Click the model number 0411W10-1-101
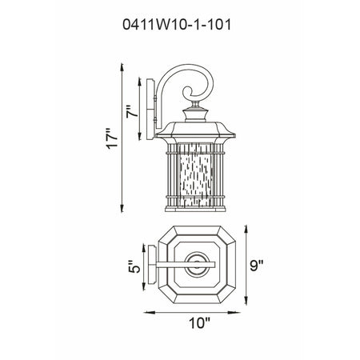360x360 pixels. point(177,25)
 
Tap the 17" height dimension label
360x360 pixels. point(112,138)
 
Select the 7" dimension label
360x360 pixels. point(133,111)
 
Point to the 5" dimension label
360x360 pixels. point(134,266)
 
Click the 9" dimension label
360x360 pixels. point(257,266)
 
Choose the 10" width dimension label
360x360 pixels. point(199,323)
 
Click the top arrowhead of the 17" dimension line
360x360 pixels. point(122,67)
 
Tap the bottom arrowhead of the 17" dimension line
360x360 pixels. point(122,208)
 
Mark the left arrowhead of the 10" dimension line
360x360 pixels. point(149,313)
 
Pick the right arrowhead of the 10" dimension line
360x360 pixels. point(235,313)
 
